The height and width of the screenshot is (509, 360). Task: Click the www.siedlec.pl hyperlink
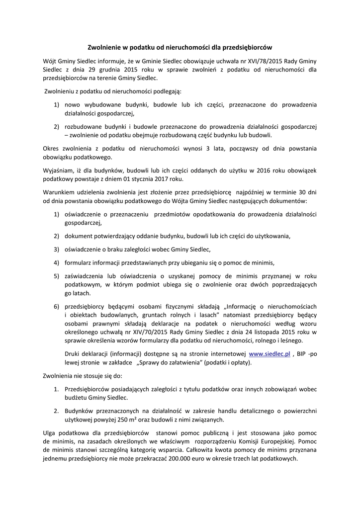coord(269,354)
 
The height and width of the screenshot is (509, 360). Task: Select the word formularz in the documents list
coord(79,262)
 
